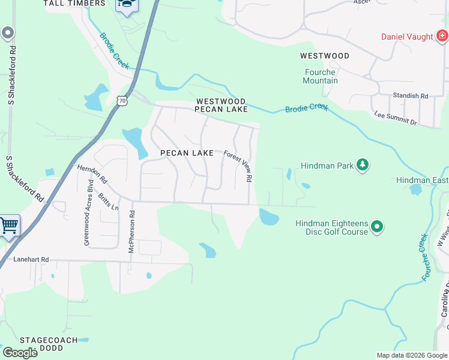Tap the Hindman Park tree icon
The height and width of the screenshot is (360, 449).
[362, 164]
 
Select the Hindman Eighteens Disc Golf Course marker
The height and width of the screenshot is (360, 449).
[376, 227]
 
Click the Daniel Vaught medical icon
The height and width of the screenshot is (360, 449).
[442, 37]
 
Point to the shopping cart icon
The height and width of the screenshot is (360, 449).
[9, 226]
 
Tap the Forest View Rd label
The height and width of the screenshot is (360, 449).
[238, 166]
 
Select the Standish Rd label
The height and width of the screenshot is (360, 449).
[411, 96]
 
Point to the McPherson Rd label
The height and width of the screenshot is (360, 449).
[131, 231]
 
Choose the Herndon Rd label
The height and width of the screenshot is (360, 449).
[92, 175]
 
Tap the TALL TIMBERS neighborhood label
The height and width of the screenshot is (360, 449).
[74, 4]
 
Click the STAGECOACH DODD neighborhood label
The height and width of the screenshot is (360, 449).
[49, 344]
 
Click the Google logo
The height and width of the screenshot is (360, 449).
[20, 352]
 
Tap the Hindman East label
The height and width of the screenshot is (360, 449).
[422, 180]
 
